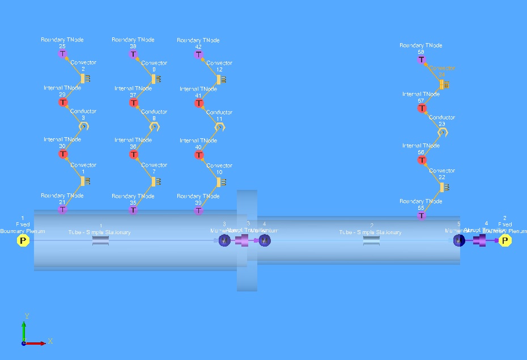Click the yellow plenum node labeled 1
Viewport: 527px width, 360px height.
pos(23,240)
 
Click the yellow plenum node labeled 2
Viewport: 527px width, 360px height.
pos(505,240)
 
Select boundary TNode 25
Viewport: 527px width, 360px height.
pos(62,54)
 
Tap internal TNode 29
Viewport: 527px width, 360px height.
pos(63,103)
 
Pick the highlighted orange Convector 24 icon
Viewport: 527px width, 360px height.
pos(444,84)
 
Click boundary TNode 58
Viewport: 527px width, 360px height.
pos(421,60)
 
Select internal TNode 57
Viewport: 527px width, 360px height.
pos(422,108)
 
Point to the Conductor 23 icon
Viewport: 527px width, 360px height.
pos(443,132)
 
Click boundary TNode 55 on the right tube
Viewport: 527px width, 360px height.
pos(421,215)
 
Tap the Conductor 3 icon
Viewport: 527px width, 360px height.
pos(84,126)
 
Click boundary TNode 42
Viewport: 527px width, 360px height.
pos(198,54)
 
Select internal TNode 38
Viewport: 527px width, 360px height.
pos(134,154)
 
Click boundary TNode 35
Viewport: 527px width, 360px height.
pos(133,210)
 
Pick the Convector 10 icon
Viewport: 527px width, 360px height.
pos(220,182)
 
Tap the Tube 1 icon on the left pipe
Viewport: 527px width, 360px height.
pos(100,241)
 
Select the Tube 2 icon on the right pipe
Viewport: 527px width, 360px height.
pos(371,241)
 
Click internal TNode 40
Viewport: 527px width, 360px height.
pos(199,155)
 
